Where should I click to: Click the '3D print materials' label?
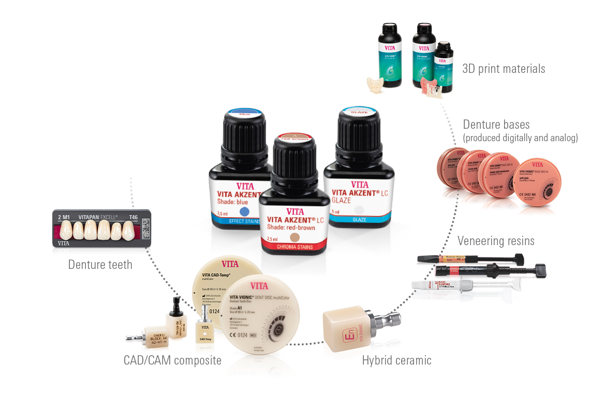503,69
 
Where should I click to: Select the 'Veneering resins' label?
496,241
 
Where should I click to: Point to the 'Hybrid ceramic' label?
396,360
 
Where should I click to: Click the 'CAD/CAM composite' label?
172,360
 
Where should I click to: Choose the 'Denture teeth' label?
100,265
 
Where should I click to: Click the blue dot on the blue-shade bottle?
245,212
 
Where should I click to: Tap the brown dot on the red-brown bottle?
295,237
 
